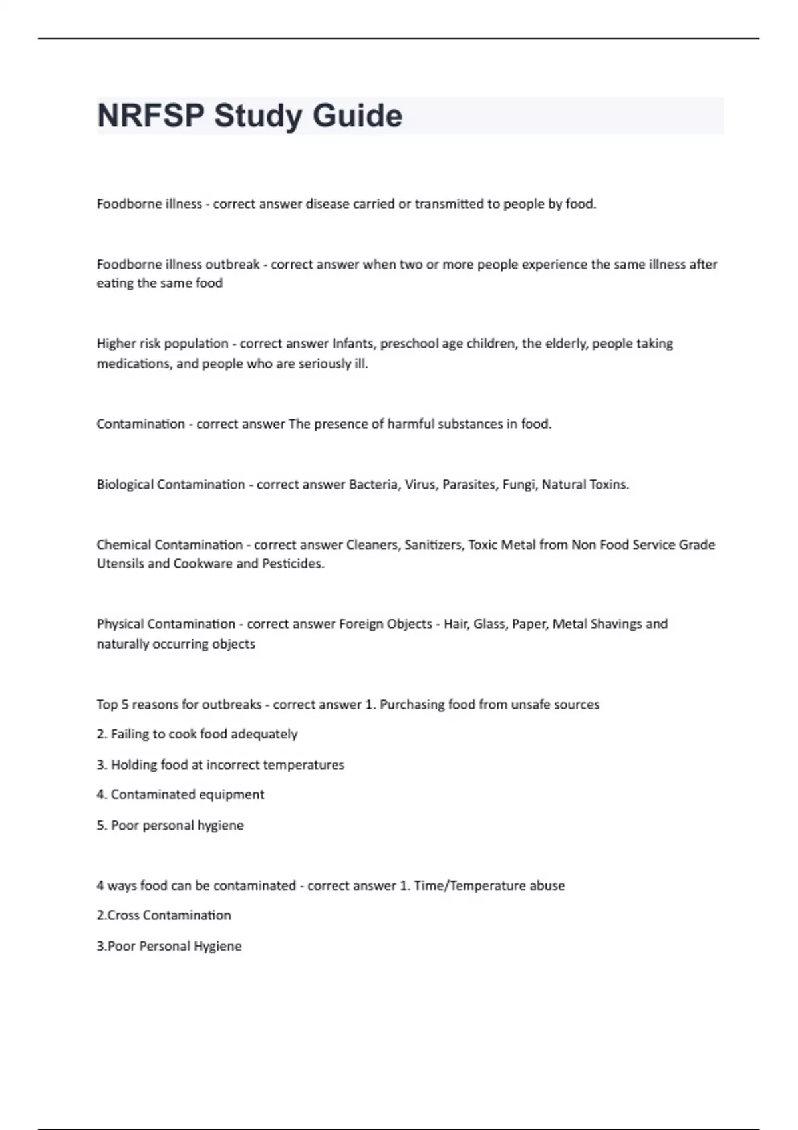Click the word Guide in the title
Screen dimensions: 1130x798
click(x=357, y=116)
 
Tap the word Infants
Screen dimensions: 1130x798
click(x=353, y=344)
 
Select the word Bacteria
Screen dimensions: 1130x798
click(x=373, y=485)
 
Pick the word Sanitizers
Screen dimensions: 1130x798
click(x=433, y=545)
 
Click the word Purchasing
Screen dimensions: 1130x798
click(x=411, y=705)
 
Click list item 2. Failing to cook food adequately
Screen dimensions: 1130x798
click(x=197, y=734)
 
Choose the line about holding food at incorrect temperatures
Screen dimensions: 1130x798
click(x=220, y=765)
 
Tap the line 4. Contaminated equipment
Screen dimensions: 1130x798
click(x=180, y=795)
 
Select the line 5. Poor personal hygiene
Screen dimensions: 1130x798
click(x=170, y=826)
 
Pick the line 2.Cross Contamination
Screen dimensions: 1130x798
click(x=164, y=915)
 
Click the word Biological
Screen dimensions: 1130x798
click(x=125, y=485)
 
